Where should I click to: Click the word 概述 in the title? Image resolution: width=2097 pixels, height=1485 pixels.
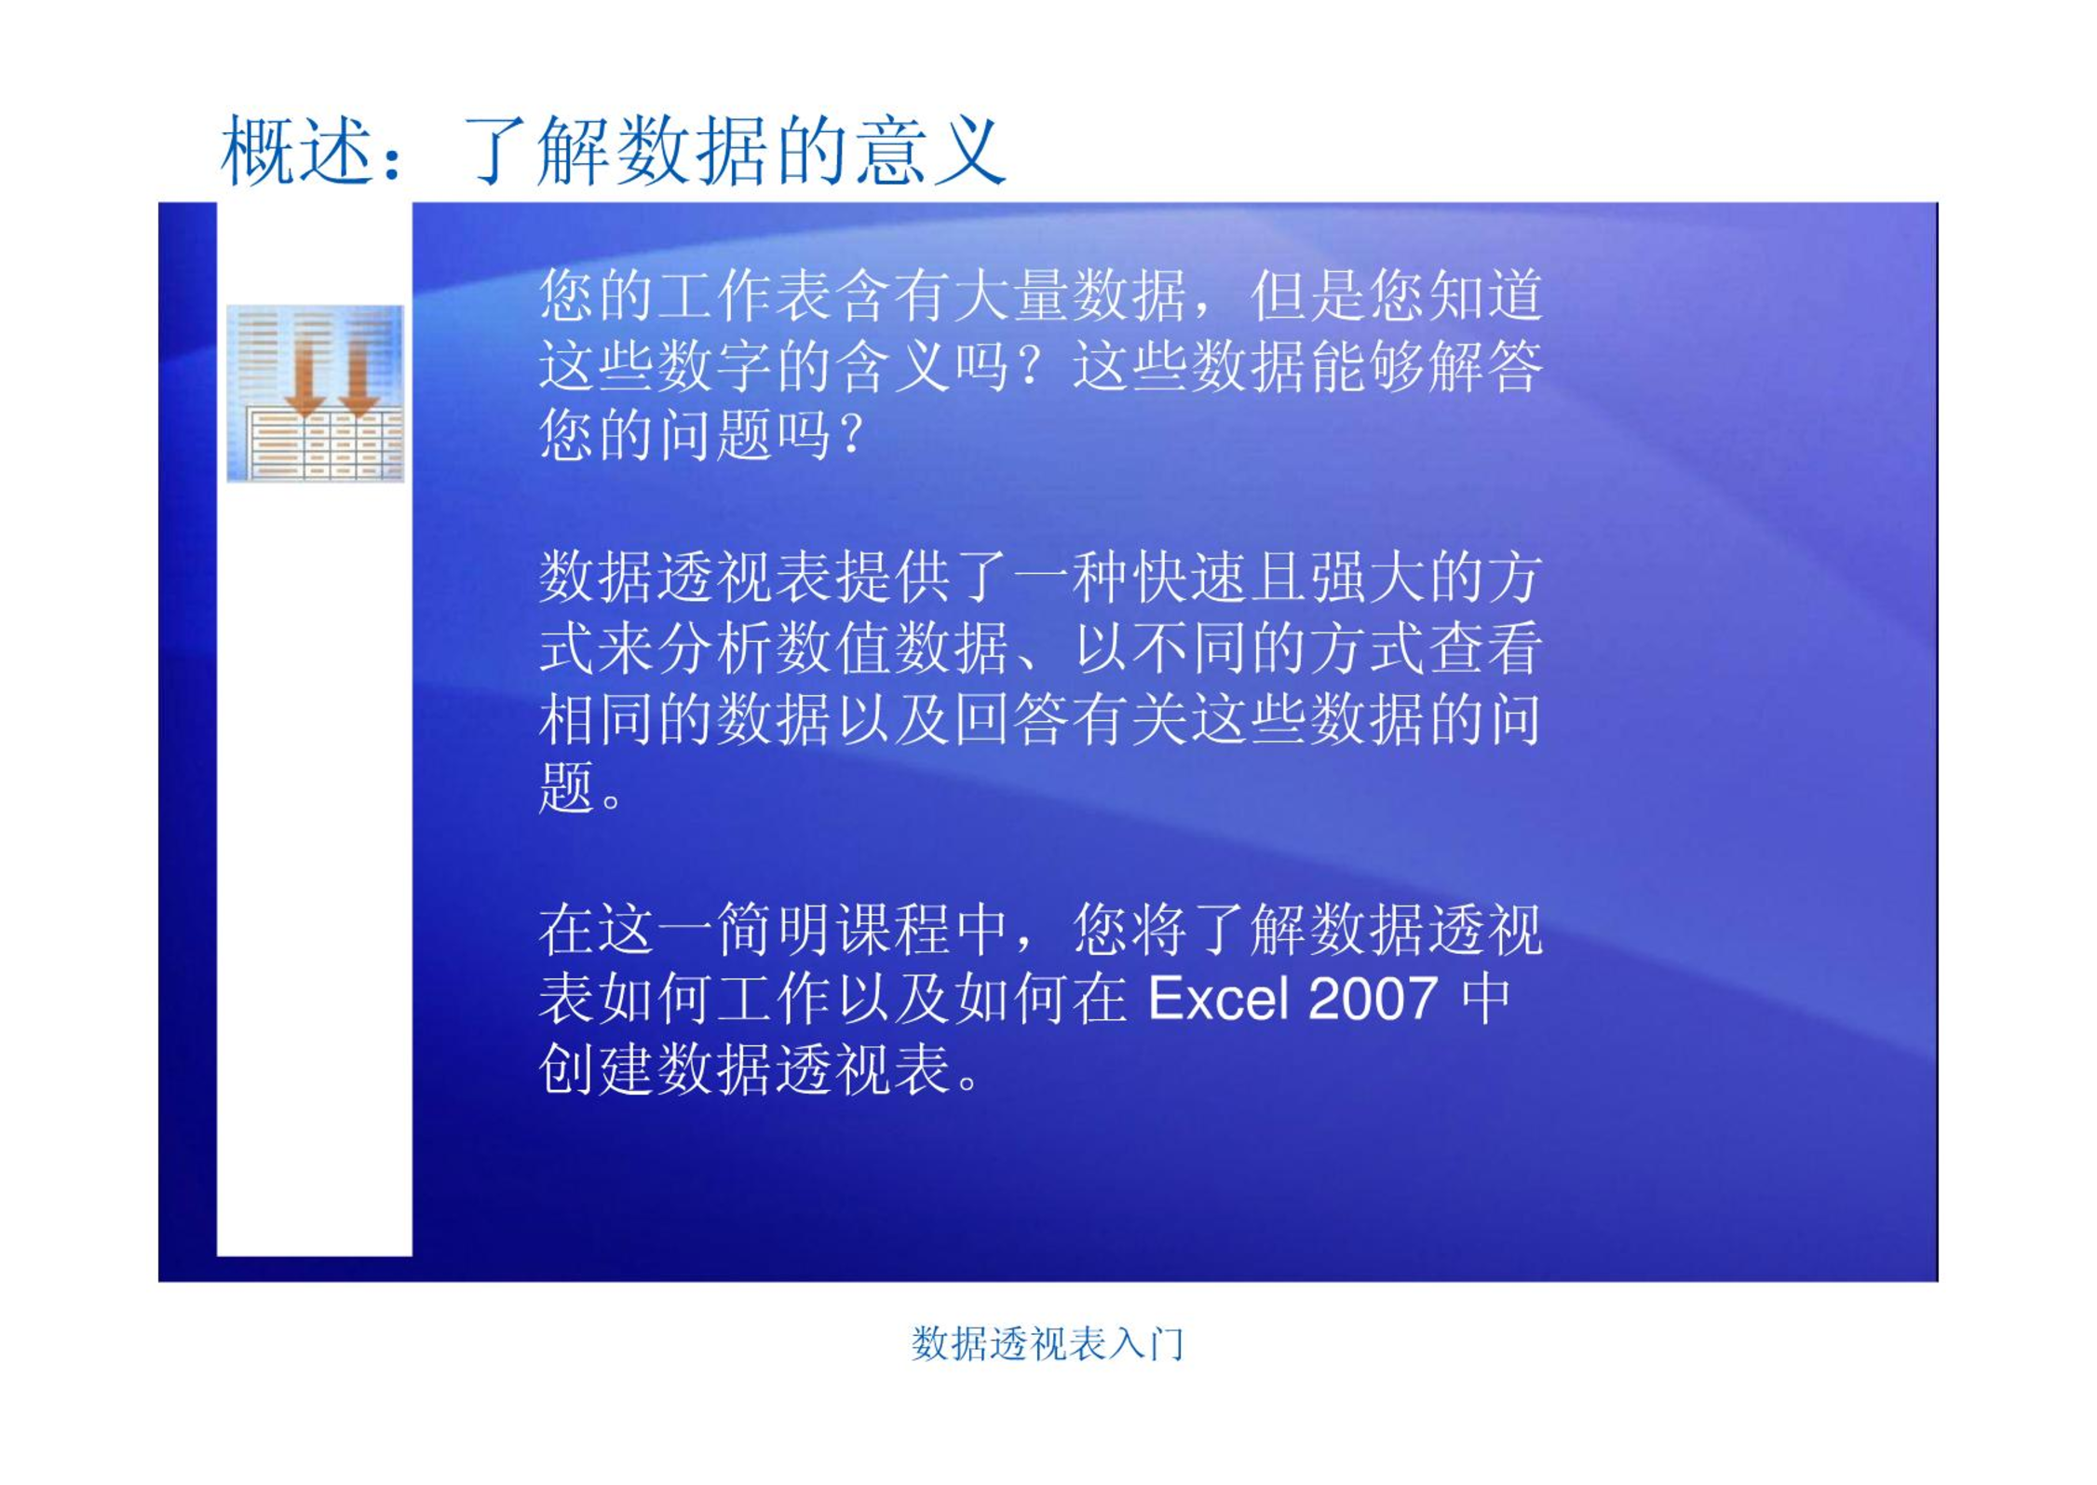(x=297, y=151)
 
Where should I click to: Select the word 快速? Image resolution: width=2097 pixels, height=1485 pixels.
(x=1189, y=577)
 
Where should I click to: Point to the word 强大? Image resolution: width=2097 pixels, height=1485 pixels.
(x=1367, y=577)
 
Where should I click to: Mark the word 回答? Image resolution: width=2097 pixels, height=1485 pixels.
(x=1011, y=718)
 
